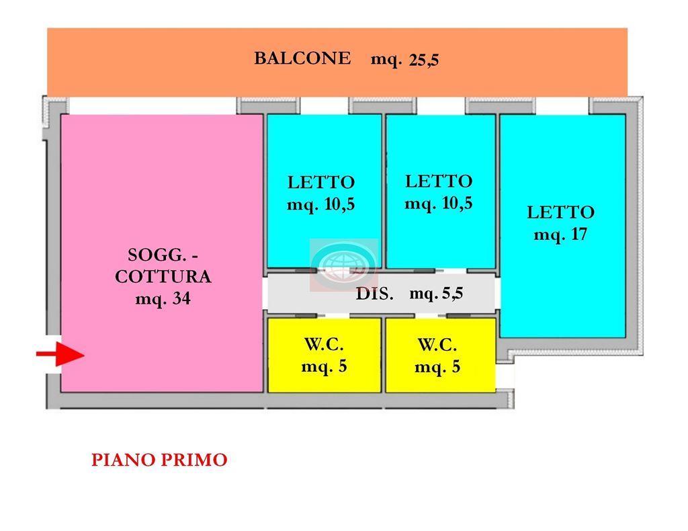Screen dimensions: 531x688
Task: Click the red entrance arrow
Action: pos(60,354)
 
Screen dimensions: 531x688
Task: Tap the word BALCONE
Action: pos(302,58)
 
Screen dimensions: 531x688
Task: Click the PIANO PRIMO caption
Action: pos(159,460)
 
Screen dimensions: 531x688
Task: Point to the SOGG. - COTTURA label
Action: pos(163,265)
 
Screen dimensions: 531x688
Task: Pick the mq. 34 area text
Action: pos(163,299)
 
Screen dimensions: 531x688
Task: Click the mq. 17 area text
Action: pos(560,235)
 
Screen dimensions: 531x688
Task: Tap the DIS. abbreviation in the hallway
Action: pos(374,294)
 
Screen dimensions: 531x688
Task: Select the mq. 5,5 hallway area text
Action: pos(436,293)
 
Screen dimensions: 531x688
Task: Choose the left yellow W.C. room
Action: pos(324,355)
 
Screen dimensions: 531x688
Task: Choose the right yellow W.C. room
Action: pos(439,355)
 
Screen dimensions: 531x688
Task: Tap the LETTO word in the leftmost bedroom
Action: pos(320,182)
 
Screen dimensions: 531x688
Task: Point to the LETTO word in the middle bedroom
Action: pos(439,181)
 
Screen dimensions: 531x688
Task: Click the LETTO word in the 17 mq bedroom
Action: pos(560,212)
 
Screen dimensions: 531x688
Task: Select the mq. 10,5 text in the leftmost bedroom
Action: pos(320,205)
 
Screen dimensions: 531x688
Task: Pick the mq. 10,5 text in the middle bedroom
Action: pos(439,203)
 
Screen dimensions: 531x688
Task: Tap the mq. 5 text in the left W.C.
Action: pos(324,367)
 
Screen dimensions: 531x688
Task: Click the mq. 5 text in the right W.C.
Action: pos(437,368)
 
